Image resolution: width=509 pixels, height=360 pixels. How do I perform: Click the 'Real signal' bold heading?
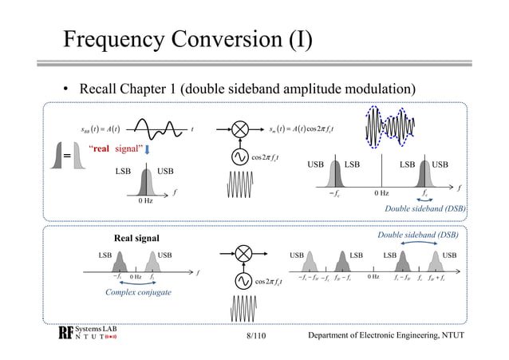137,238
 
